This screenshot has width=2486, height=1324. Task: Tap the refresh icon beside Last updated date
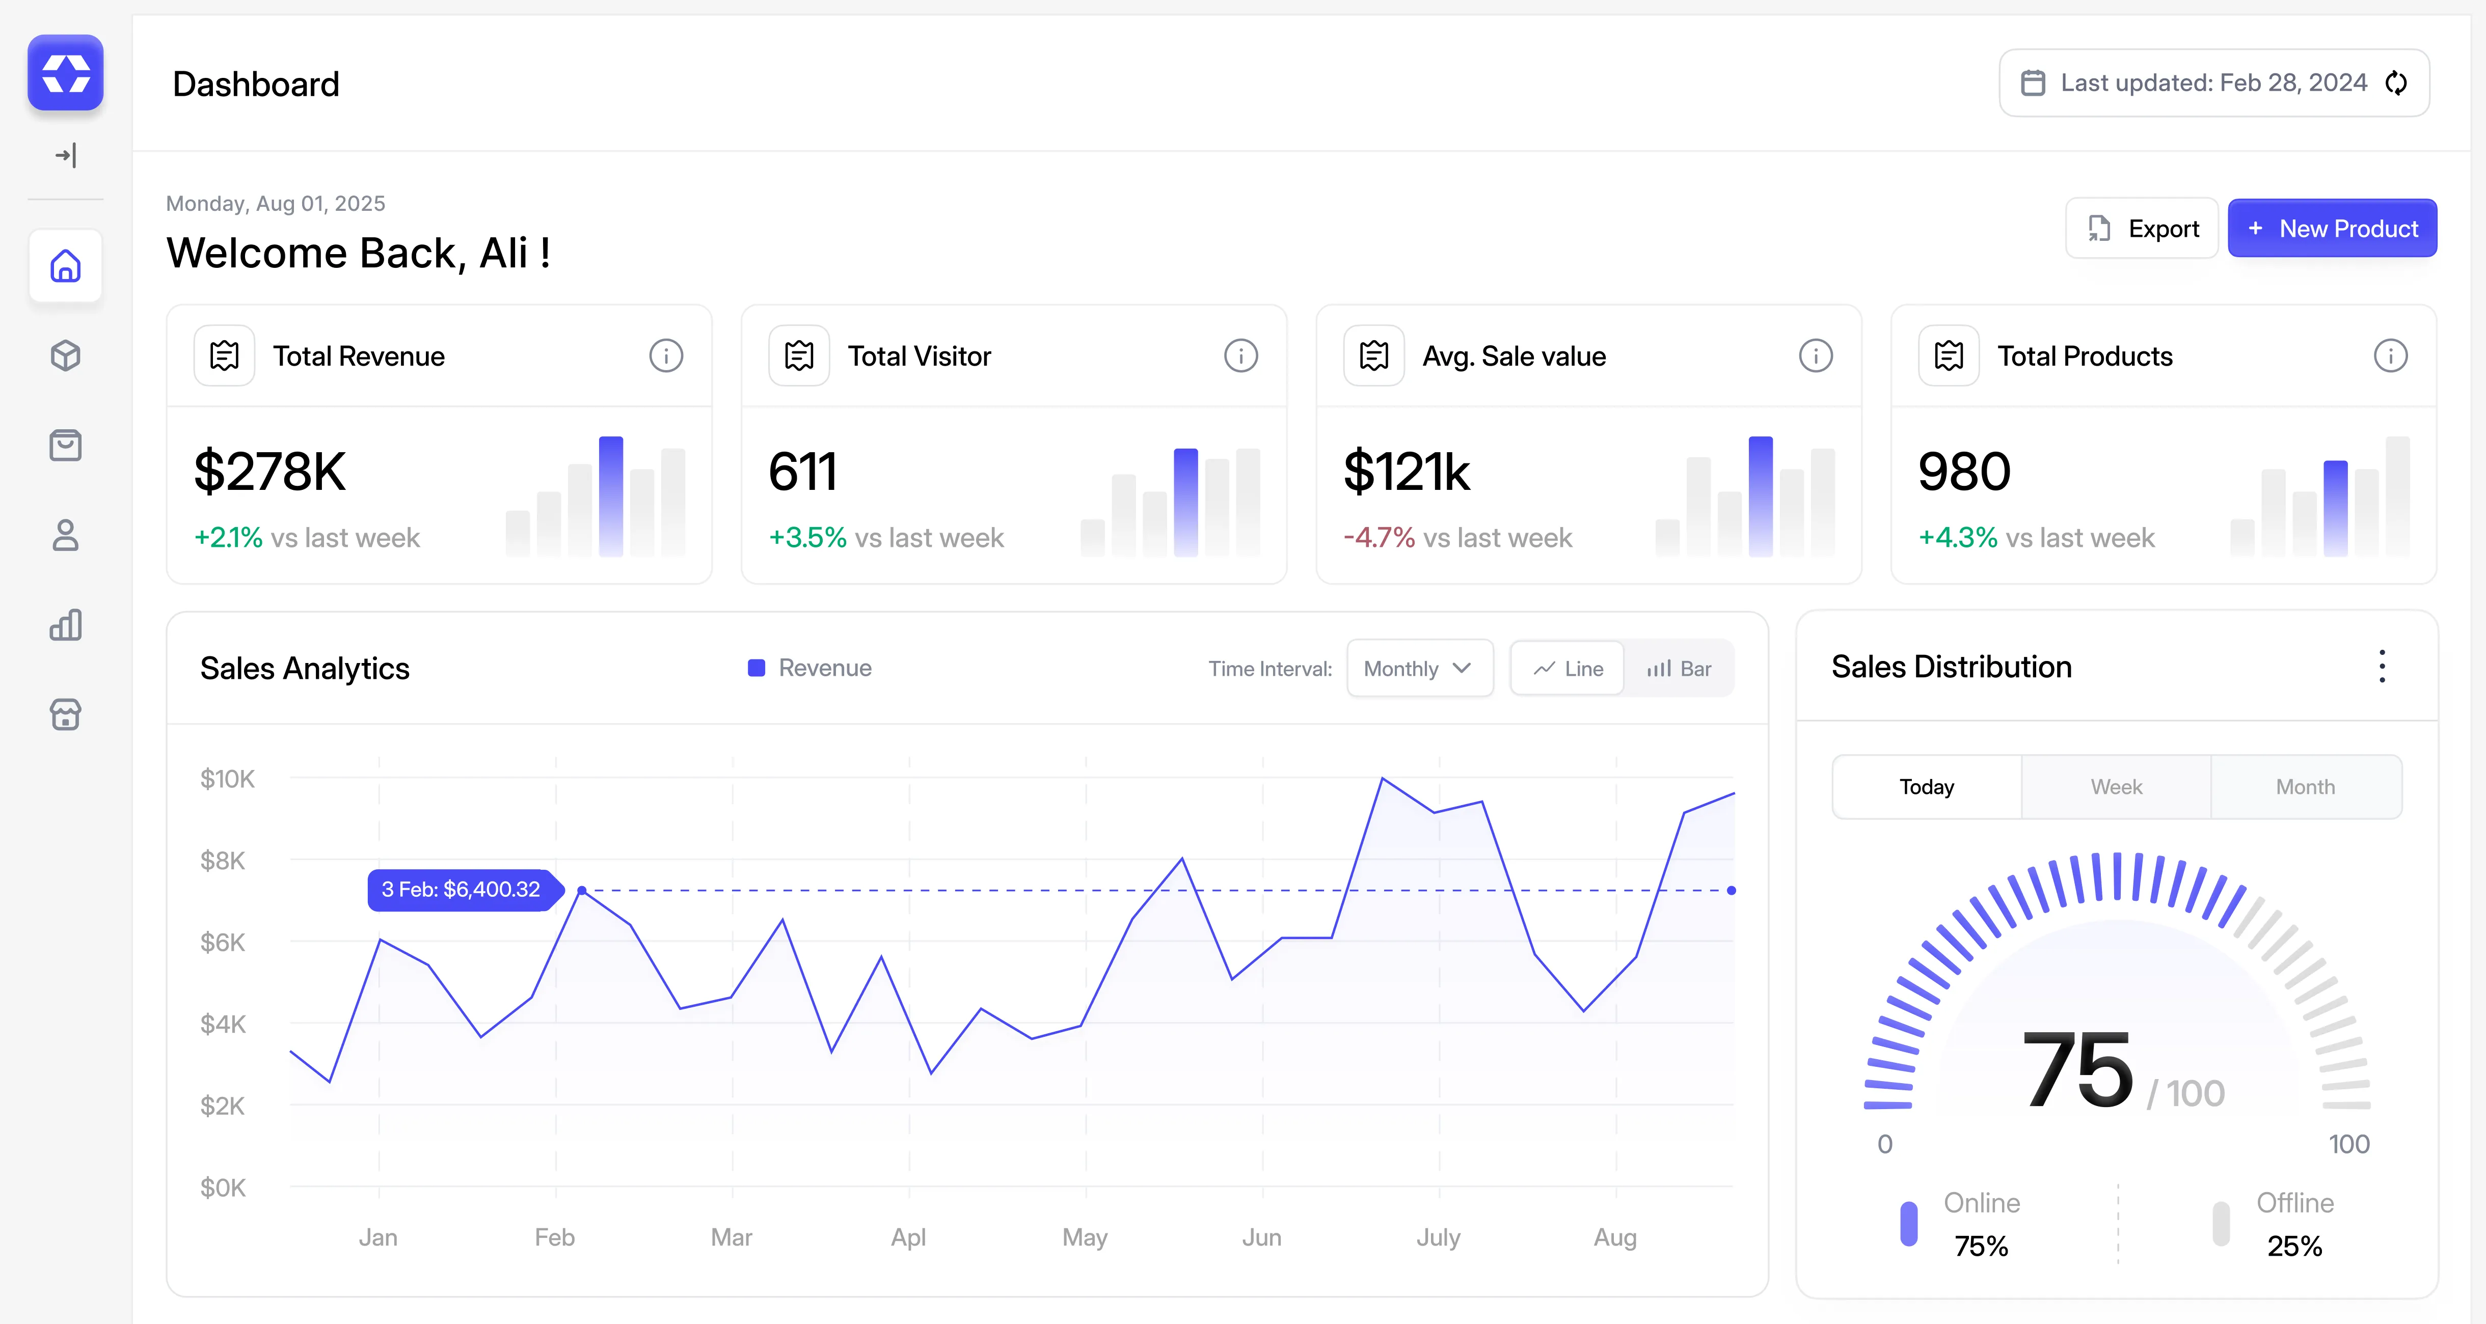[2396, 83]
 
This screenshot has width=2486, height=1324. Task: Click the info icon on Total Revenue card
[666, 356]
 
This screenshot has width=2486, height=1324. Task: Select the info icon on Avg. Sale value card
[1815, 356]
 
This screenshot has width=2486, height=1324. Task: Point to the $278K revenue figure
[269, 472]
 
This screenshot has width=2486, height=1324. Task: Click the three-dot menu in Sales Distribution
[2382, 667]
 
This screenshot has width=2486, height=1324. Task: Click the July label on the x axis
[1438, 1237]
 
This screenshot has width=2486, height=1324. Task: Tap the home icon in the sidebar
[66, 266]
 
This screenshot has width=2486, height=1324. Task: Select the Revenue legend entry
[810, 668]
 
